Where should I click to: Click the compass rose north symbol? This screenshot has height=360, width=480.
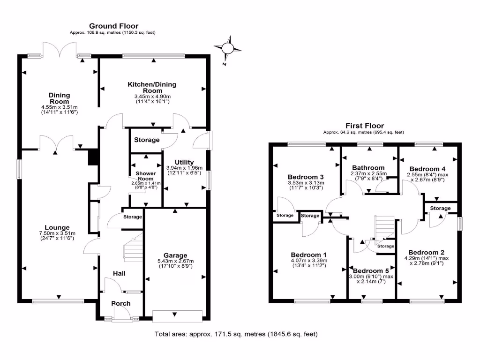point(228,48)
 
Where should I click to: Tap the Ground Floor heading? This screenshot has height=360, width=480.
point(113,26)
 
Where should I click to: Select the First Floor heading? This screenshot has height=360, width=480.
point(364,126)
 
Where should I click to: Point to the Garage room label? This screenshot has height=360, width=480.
point(175,255)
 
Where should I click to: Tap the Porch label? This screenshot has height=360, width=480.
point(120,304)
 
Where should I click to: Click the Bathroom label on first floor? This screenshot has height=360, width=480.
point(368,167)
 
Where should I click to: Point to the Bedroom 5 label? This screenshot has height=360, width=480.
point(371,271)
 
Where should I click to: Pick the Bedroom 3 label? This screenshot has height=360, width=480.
point(306,177)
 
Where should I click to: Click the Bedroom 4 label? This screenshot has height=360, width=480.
point(427,169)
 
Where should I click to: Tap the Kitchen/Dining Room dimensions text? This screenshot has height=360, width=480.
point(152,98)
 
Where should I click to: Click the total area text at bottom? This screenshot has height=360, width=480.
point(236,334)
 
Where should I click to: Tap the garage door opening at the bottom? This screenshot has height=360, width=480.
point(178,316)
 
